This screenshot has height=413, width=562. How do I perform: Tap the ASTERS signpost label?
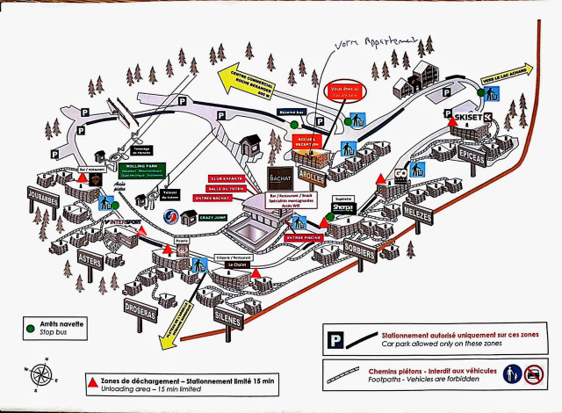pyautogui.click(x=90, y=259)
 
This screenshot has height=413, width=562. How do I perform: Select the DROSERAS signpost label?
pyautogui.click(x=140, y=313)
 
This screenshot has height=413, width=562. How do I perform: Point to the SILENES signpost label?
pyautogui.click(x=227, y=321)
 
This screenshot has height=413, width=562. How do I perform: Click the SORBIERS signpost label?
pyautogui.click(x=360, y=252)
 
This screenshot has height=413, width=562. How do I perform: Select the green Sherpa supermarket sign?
pyautogui.click(x=343, y=208)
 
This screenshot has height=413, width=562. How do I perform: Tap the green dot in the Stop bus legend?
pyautogui.click(x=31, y=328)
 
